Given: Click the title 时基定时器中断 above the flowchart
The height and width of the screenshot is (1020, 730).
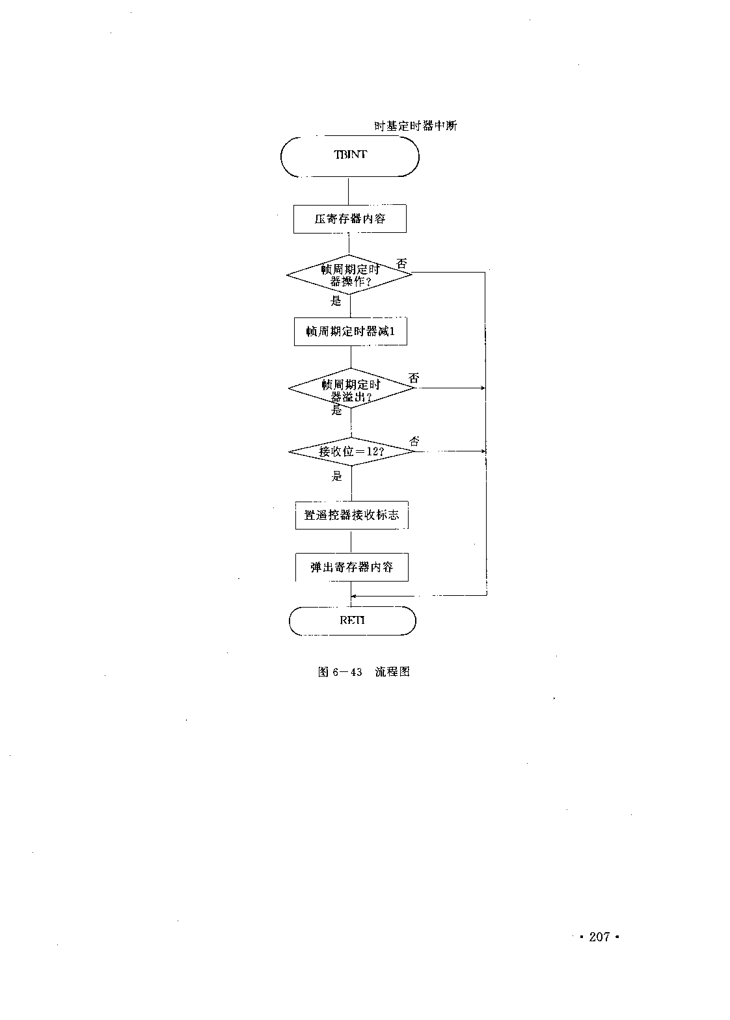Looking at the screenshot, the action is click(415, 126).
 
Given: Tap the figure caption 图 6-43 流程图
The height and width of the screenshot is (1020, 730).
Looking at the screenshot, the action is click(364, 671).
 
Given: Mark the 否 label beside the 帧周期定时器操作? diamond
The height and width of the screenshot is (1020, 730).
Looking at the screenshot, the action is click(401, 263).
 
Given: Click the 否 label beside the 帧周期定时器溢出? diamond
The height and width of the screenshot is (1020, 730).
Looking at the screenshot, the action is click(414, 378).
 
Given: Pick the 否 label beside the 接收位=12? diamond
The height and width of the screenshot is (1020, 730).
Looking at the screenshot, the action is click(414, 441).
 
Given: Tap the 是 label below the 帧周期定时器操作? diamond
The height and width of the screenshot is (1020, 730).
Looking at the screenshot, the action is click(336, 301).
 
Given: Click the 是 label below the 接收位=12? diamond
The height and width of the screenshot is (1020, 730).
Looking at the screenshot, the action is click(336, 476).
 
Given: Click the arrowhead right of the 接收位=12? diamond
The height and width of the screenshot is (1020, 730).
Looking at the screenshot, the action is click(483, 451).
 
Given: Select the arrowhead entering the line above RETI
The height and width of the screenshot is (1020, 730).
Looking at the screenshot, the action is click(355, 596).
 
